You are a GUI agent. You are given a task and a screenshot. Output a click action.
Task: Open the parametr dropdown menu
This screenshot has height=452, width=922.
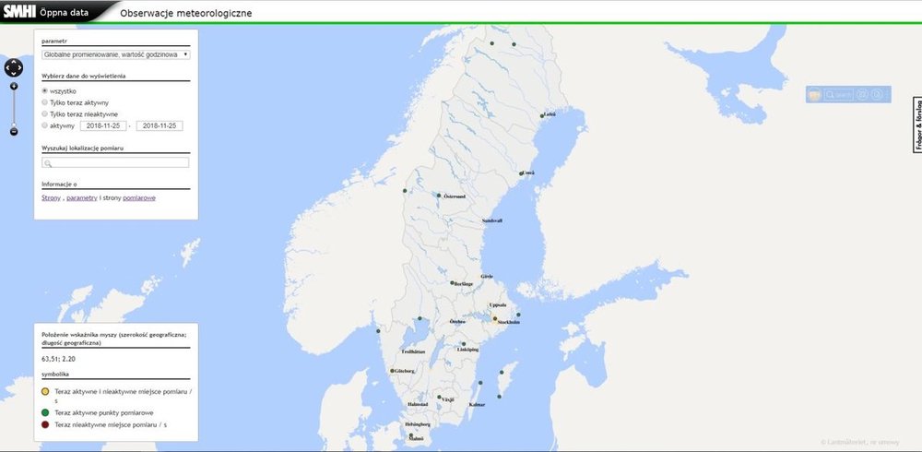click(116, 54)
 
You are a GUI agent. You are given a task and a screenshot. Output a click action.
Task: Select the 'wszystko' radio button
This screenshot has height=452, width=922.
click(45, 90)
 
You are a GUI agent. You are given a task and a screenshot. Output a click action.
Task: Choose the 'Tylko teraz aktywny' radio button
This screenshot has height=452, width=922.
click(45, 102)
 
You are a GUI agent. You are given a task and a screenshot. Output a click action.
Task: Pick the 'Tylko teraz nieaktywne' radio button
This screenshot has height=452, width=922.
click(45, 114)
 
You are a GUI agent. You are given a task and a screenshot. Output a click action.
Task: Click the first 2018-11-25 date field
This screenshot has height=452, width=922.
click(102, 125)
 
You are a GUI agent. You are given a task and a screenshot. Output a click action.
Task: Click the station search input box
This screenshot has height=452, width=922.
click(116, 162)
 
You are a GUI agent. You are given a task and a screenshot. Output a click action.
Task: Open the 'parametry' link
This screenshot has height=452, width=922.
click(81, 198)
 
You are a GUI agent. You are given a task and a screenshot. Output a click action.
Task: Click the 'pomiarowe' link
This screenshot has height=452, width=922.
click(139, 198)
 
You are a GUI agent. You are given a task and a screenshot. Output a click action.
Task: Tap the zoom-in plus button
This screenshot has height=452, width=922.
click(14, 86)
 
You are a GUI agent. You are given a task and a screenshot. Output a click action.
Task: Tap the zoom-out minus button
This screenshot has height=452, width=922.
click(14, 132)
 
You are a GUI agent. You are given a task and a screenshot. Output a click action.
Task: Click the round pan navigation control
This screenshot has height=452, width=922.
click(14, 67)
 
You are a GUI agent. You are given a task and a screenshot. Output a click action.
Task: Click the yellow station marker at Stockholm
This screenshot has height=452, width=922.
click(495, 318)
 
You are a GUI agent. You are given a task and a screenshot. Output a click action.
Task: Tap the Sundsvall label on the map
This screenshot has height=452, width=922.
click(492, 221)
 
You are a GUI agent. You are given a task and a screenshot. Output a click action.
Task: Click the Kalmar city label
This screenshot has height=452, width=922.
click(477, 405)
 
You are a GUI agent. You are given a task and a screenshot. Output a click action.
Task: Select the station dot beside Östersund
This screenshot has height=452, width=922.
click(438, 195)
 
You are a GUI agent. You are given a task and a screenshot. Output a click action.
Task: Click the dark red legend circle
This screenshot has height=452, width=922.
click(46, 424)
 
